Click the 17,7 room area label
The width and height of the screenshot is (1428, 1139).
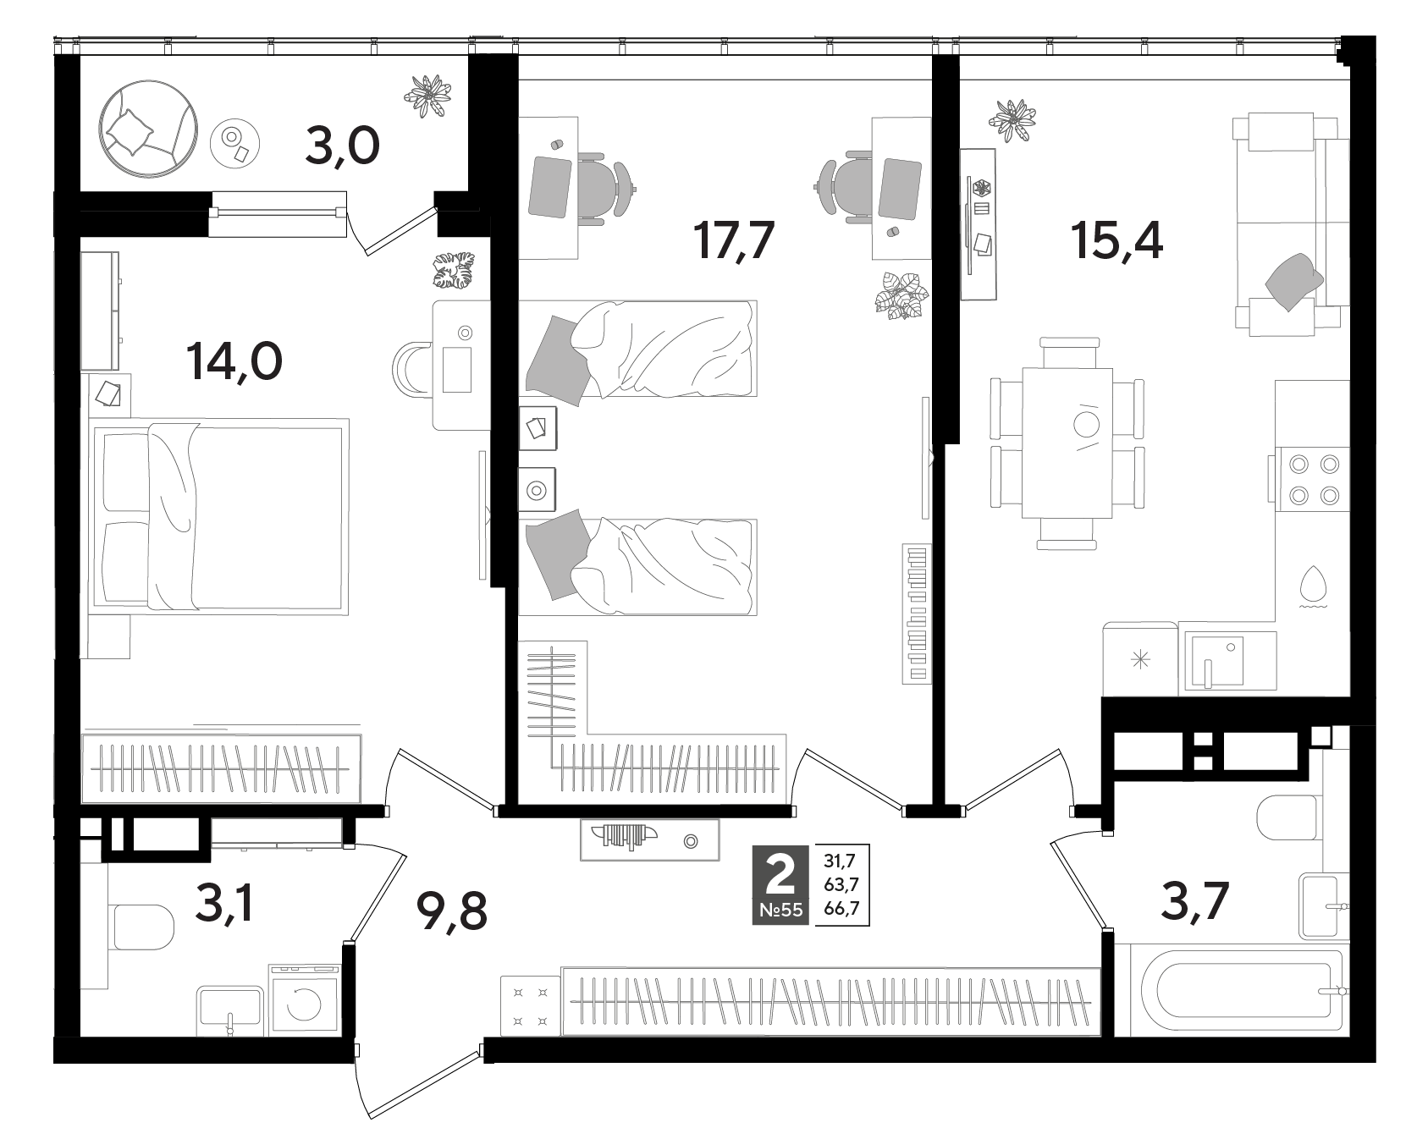(x=734, y=240)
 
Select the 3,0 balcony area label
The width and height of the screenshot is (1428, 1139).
(x=342, y=149)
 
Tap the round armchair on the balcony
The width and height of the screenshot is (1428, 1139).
(x=150, y=129)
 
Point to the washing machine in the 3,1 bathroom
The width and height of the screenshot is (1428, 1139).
(x=304, y=1001)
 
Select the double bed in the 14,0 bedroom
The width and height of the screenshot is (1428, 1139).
(x=220, y=516)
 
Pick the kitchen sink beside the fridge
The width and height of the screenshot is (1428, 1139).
(x=1229, y=659)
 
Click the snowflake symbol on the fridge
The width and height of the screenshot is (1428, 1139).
(x=1141, y=659)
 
